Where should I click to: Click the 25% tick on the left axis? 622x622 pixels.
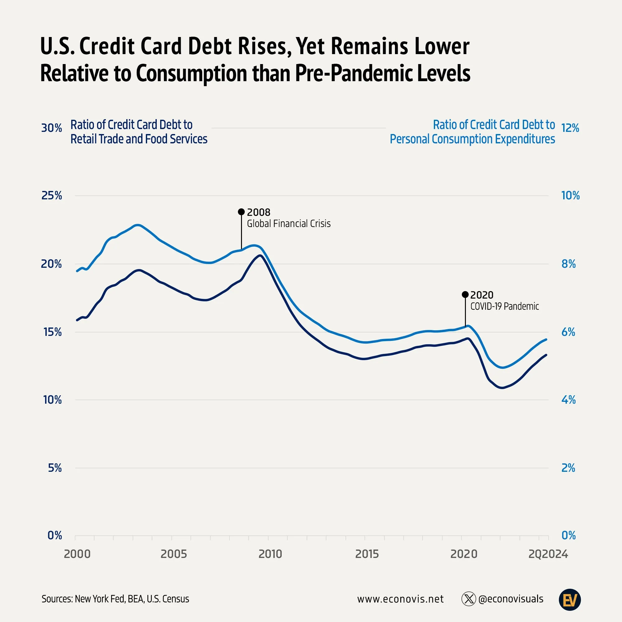tap(52, 195)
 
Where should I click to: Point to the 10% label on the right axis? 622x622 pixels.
tap(570, 195)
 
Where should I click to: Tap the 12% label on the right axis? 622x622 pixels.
tap(570, 128)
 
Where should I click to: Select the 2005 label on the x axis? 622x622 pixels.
tap(174, 554)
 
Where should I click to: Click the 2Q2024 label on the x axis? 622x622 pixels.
tap(548, 554)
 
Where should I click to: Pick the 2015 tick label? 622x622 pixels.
tap(367, 554)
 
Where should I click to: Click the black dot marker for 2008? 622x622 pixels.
tap(241, 211)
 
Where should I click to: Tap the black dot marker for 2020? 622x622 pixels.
tap(465, 294)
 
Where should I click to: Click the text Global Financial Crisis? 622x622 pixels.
tap(289, 223)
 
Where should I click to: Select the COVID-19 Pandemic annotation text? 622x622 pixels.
tap(504, 306)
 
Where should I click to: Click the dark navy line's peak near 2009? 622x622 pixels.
tap(260, 255)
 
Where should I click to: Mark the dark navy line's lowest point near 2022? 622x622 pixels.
tap(502, 388)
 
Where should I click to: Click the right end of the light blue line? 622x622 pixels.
tap(546, 339)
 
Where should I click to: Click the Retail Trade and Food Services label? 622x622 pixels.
tap(139, 139)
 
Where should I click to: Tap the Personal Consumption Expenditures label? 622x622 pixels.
tap(472, 139)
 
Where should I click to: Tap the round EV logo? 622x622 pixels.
tap(569, 600)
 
